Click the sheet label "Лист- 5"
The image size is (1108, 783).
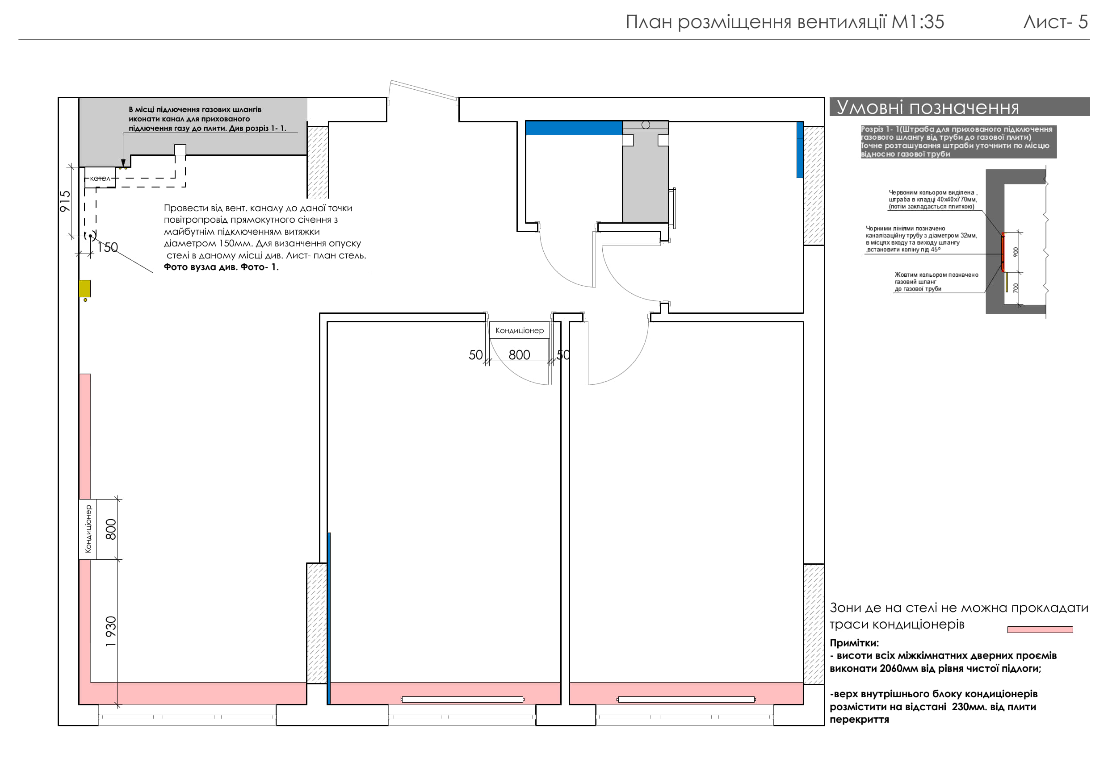tap(1056, 22)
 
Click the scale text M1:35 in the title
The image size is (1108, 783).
tap(917, 22)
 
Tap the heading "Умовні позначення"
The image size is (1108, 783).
tap(928, 107)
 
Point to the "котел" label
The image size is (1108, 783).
tap(100, 179)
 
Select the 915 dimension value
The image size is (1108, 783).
tap(65, 201)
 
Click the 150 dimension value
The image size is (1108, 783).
tap(108, 247)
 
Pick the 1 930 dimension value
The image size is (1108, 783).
tap(111, 632)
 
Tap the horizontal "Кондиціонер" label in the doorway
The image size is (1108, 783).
tap(519, 330)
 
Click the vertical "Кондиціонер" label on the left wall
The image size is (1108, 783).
tap(88, 529)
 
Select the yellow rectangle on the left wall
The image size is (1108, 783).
tap(85, 288)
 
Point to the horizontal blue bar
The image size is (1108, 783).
tap(574, 128)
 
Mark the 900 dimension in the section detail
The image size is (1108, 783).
tap(1016, 252)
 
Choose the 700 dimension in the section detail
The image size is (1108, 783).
tap(1016, 288)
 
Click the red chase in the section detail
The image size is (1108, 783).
tap(1003, 252)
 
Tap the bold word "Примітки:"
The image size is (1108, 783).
tap(854, 643)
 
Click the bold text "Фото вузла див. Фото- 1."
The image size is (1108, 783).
tap(221, 267)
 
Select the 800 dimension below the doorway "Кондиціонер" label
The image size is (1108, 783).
tap(519, 355)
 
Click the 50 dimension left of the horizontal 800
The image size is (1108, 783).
tap(476, 355)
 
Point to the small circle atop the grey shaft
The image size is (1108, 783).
tap(646, 125)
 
